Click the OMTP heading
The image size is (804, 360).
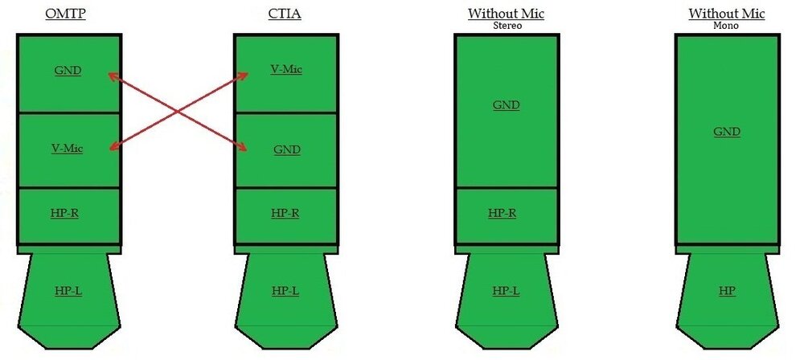pos(68,14)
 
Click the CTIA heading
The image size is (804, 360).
pos(285,14)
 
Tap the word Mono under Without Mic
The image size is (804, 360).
pos(727,26)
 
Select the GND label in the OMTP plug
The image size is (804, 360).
pos(68,71)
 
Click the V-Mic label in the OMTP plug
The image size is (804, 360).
pos(68,149)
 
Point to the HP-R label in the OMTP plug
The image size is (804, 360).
pos(68,213)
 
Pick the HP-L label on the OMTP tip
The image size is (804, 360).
pos(68,290)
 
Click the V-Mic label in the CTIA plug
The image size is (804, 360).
pos(285,69)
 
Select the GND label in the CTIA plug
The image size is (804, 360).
pos(286,149)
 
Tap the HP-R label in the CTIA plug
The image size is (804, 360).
pos(285,213)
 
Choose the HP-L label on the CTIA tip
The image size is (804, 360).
pos(285,290)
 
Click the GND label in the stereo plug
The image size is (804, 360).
pos(506,105)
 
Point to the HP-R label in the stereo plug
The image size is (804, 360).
pos(503,213)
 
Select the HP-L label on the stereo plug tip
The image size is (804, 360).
pos(506,290)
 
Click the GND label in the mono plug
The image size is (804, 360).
pos(726,132)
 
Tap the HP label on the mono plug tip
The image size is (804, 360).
pos(726,290)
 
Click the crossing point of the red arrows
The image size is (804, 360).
pos(177,111)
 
